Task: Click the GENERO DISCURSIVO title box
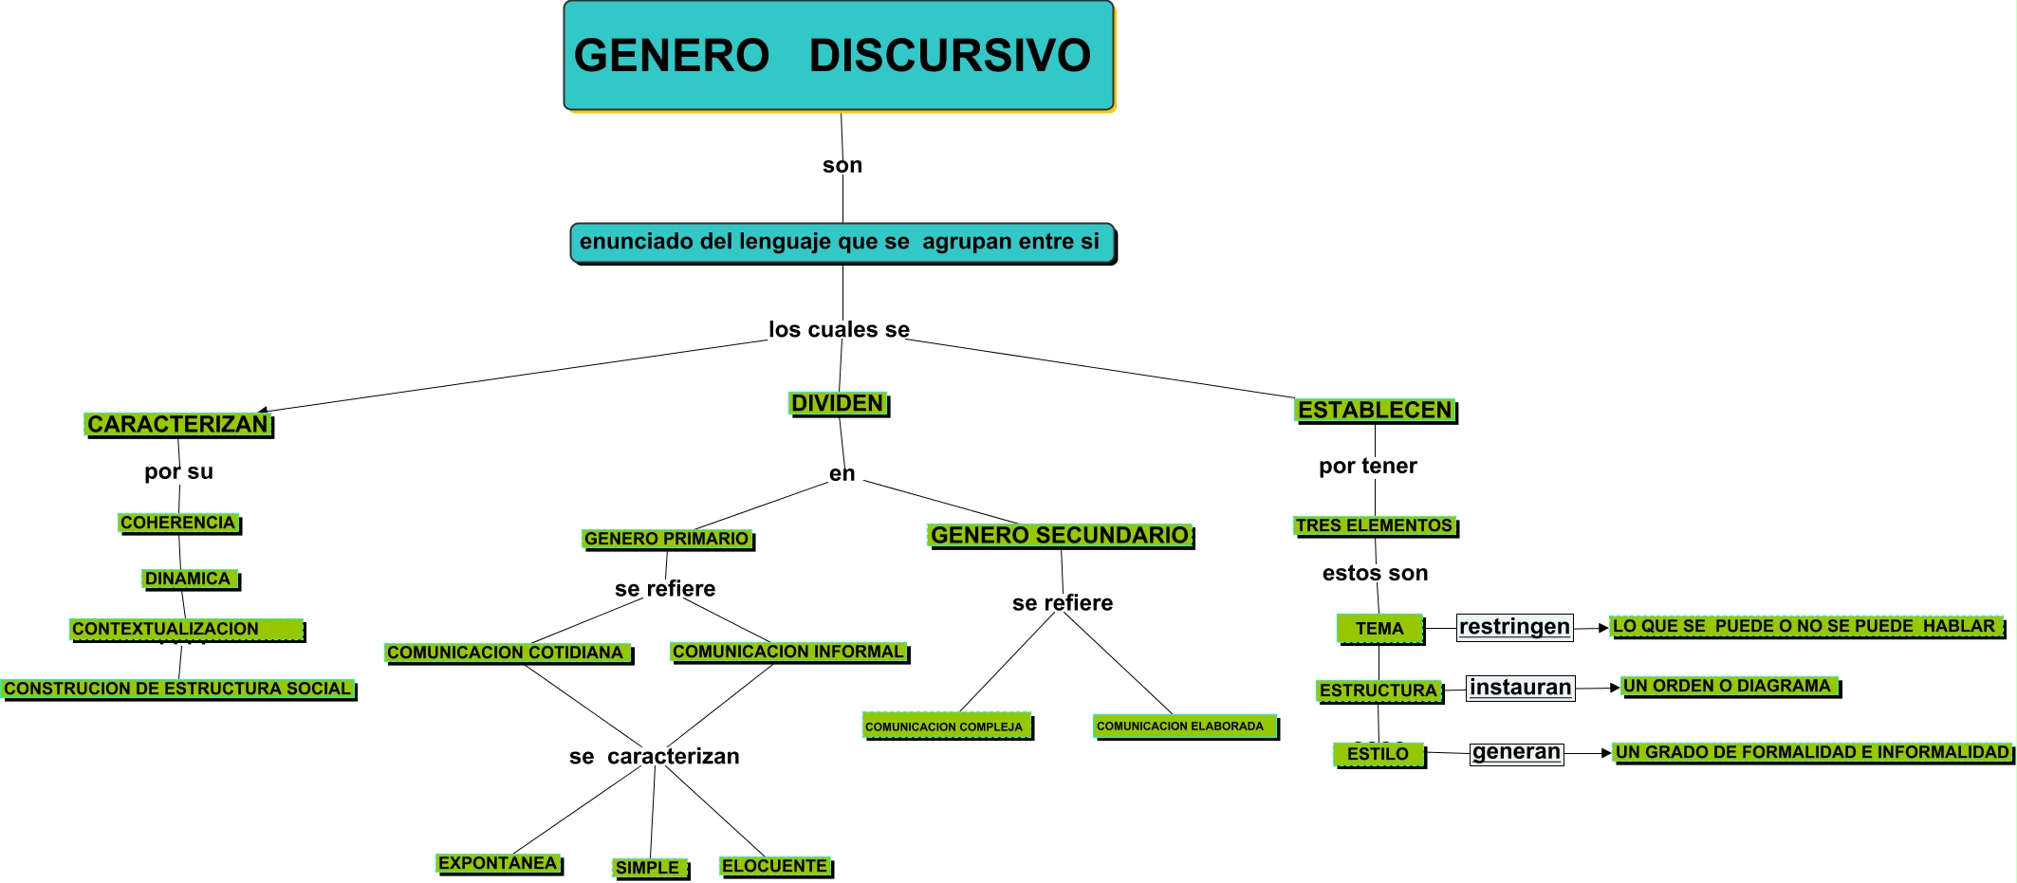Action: [839, 56]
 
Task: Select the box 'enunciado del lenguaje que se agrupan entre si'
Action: [842, 243]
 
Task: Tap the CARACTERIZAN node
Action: [178, 424]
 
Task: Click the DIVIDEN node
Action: [838, 404]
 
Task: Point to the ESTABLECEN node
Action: [1375, 411]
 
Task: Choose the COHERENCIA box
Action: [178, 523]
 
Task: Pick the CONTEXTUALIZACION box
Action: [187, 629]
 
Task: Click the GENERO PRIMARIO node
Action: [667, 539]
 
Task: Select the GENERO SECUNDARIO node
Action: [1060, 536]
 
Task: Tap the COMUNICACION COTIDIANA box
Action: [507, 653]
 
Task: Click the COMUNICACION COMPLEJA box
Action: [946, 727]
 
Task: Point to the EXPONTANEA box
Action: [498, 863]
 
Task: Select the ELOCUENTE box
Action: [775, 866]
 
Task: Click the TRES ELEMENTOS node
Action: [1375, 525]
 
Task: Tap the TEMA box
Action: [1379, 628]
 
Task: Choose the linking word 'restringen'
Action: [1514, 627]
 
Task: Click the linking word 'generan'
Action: [1516, 752]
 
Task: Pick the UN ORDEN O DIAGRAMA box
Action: [1729, 686]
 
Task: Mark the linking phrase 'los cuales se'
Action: [839, 329]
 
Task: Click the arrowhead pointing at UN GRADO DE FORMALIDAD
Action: [1606, 753]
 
